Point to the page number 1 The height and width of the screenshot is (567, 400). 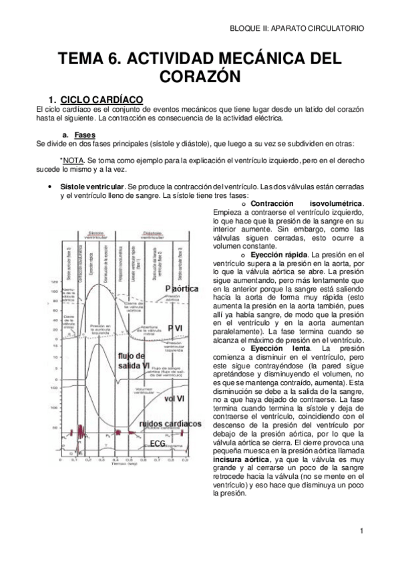click(360, 532)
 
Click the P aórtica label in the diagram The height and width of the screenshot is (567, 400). click(181, 288)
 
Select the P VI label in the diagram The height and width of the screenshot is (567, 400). click(175, 326)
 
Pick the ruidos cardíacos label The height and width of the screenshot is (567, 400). click(170, 424)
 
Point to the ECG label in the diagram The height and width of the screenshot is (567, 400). click(158, 443)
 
